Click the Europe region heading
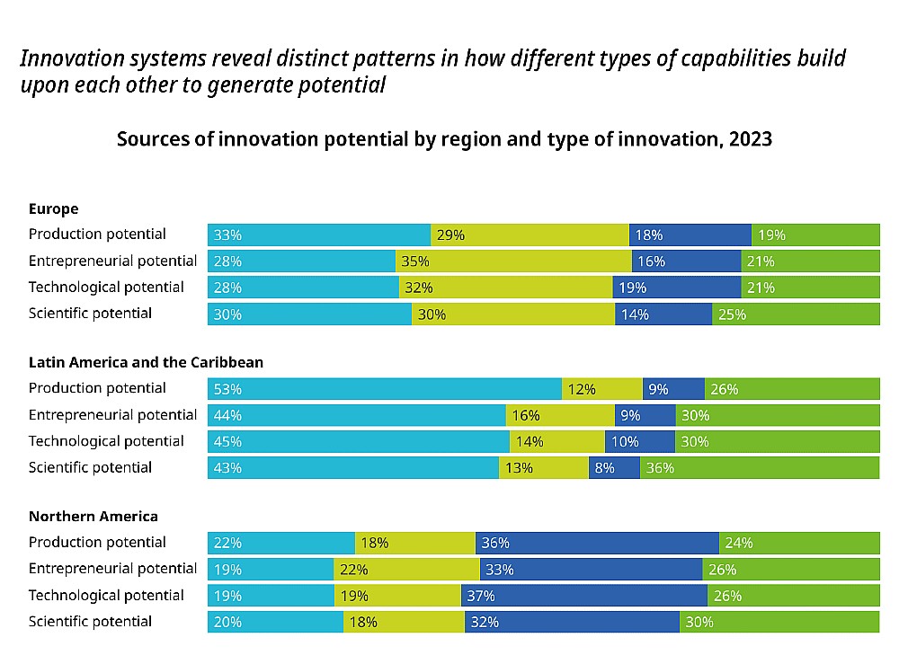pos(53,209)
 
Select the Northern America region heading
pos(93,517)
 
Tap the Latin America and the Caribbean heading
pos(146,363)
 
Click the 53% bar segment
pos(385,389)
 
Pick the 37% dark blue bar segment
pos(584,596)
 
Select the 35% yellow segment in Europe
pos(513,261)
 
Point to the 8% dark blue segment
pos(614,468)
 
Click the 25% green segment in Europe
pos(796,314)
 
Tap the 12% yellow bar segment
pos(602,389)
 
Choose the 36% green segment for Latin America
pos(760,468)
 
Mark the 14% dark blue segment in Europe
pos(663,314)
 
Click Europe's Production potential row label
pos(97,235)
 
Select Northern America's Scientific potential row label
pos(90,622)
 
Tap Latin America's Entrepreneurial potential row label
pos(112,415)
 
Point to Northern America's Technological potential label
pos(106,596)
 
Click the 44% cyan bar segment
pos(357,415)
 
